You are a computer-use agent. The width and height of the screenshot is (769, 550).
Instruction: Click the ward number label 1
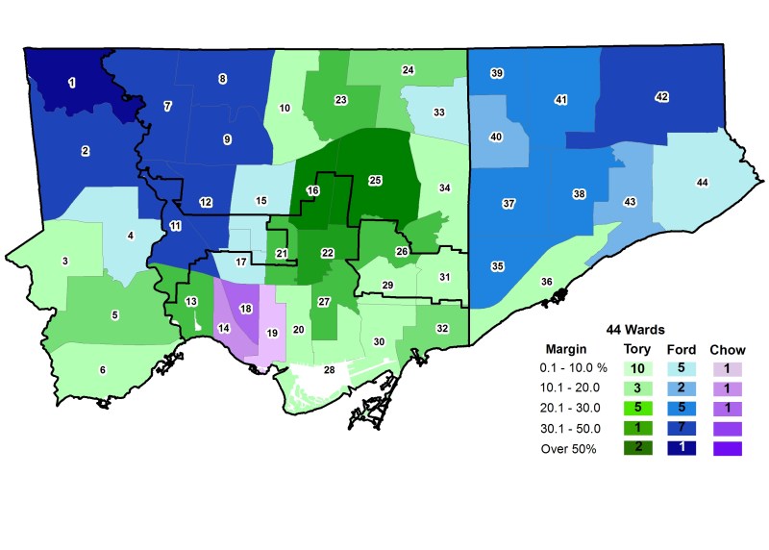coord(72,84)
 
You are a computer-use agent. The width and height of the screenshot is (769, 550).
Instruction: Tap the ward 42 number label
coord(661,97)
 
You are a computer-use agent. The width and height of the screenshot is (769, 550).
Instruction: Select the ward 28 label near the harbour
coord(329,369)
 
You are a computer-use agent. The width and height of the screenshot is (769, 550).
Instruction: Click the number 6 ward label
coord(103,370)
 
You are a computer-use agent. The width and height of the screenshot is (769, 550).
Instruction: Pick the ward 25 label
coord(375,181)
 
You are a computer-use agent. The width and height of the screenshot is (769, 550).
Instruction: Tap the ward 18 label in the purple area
coord(245,309)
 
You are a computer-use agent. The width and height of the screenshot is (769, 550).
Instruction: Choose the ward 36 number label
coord(546,282)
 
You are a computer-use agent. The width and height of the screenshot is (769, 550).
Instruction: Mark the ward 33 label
coord(438,112)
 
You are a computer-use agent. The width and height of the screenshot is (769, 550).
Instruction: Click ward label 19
coord(272,333)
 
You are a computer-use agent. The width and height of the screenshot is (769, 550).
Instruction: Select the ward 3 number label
coord(65,261)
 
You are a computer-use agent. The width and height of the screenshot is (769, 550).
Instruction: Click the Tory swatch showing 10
coord(637,368)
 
